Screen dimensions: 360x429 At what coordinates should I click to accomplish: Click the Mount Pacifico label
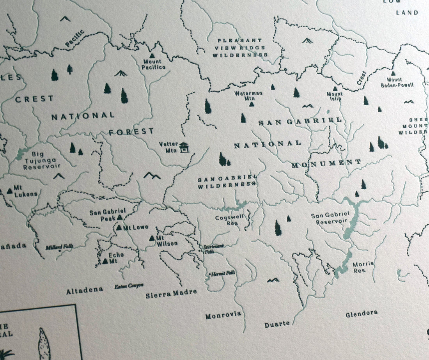tap(154, 64)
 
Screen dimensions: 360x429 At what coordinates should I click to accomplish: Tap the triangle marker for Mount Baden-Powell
tap(393, 73)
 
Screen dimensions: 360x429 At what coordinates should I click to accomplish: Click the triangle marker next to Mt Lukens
tap(9, 191)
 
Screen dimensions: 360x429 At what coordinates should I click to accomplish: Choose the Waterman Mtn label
tap(249, 96)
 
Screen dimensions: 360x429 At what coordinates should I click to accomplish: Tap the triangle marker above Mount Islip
tap(335, 89)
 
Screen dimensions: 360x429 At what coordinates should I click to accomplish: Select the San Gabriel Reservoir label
tap(329, 218)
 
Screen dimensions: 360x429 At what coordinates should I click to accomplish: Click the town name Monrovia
tap(223, 315)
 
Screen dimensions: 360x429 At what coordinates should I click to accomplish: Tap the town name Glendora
tap(361, 313)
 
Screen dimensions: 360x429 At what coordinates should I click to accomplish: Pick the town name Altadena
tap(84, 290)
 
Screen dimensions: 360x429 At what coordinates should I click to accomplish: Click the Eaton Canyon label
tap(129, 286)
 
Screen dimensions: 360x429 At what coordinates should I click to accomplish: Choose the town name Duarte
tap(277, 324)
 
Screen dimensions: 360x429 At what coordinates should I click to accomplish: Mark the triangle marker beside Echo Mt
tap(105, 261)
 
